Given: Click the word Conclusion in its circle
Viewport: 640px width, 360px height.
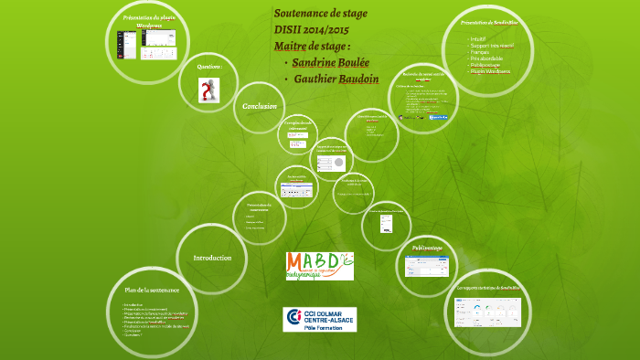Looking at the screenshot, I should [x=259, y=107].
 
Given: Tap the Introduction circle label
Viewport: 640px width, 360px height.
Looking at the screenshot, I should [x=212, y=259].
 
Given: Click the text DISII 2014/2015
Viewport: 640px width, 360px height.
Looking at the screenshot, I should [x=312, y=30].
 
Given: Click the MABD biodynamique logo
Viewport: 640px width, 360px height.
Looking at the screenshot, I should [x=319, y=267].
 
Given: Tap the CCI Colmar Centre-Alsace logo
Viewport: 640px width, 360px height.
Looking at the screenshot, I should [x=319, y=319].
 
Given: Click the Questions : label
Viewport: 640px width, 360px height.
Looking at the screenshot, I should [x=210, y=66].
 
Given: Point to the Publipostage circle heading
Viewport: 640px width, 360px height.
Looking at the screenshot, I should [x=427, y=248].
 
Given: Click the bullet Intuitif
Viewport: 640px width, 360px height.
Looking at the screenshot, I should [x=478, y=38].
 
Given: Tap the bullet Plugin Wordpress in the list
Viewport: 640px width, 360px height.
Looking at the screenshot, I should [x=492, y=71].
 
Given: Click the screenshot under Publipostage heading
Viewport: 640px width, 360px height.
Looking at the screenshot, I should [x=426, y=267].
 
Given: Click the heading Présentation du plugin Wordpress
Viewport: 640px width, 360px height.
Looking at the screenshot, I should [x=143, y=20].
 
